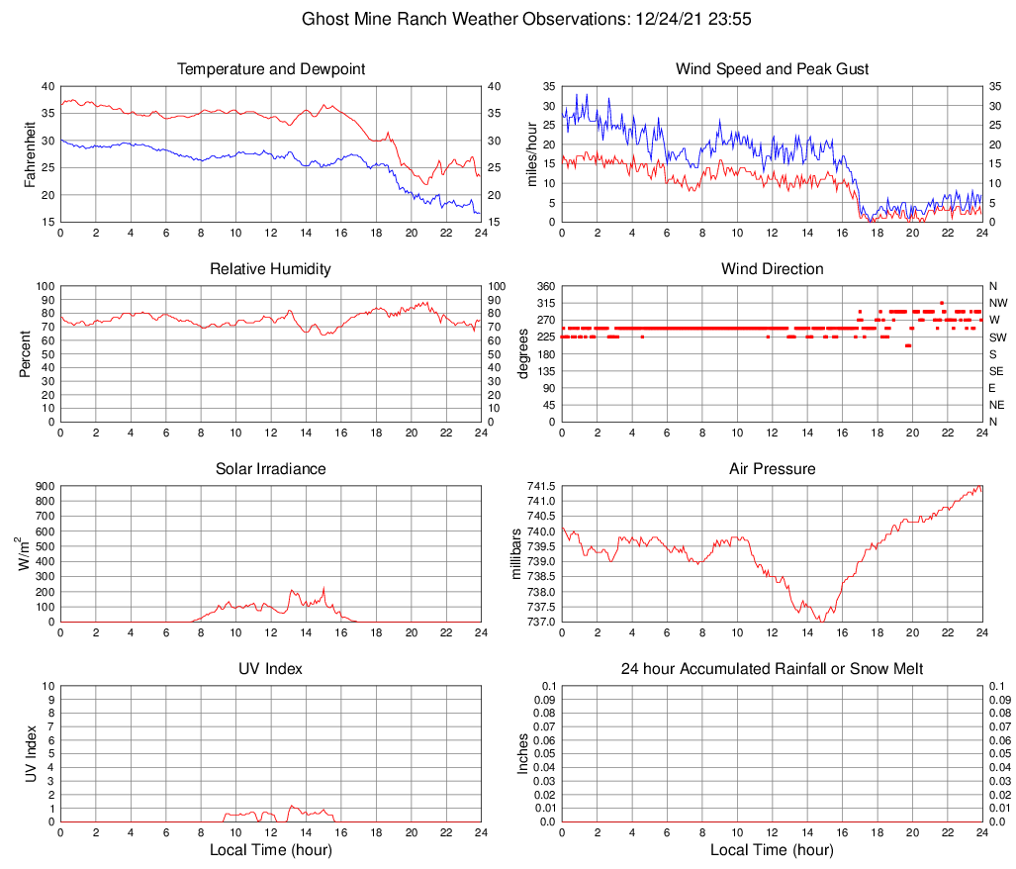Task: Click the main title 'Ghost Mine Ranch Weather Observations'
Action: tap(461, 19)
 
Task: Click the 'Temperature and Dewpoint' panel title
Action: tap(271, 69)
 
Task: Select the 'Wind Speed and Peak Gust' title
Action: tap(772, 69)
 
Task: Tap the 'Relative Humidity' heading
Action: tap(271, 269)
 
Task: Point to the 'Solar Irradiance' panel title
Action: tap(271, 469)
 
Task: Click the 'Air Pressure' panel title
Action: tap(772, 469)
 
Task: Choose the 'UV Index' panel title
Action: tap(271, 669)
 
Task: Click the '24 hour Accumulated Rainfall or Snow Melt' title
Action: tap(772, 669)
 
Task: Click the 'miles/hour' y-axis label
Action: tap(531, 153)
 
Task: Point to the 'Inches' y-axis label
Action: tap(523, 753)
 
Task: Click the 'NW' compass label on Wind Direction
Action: tap(998, 303)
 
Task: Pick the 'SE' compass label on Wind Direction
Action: tap(997, 371)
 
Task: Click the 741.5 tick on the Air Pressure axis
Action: tap(539, 486)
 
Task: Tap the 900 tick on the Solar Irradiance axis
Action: tap(45, 486)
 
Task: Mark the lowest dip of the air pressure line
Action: tap(819, 621)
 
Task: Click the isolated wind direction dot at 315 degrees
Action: tap(942, 303)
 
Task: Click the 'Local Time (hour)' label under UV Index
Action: tap(271, 850)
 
